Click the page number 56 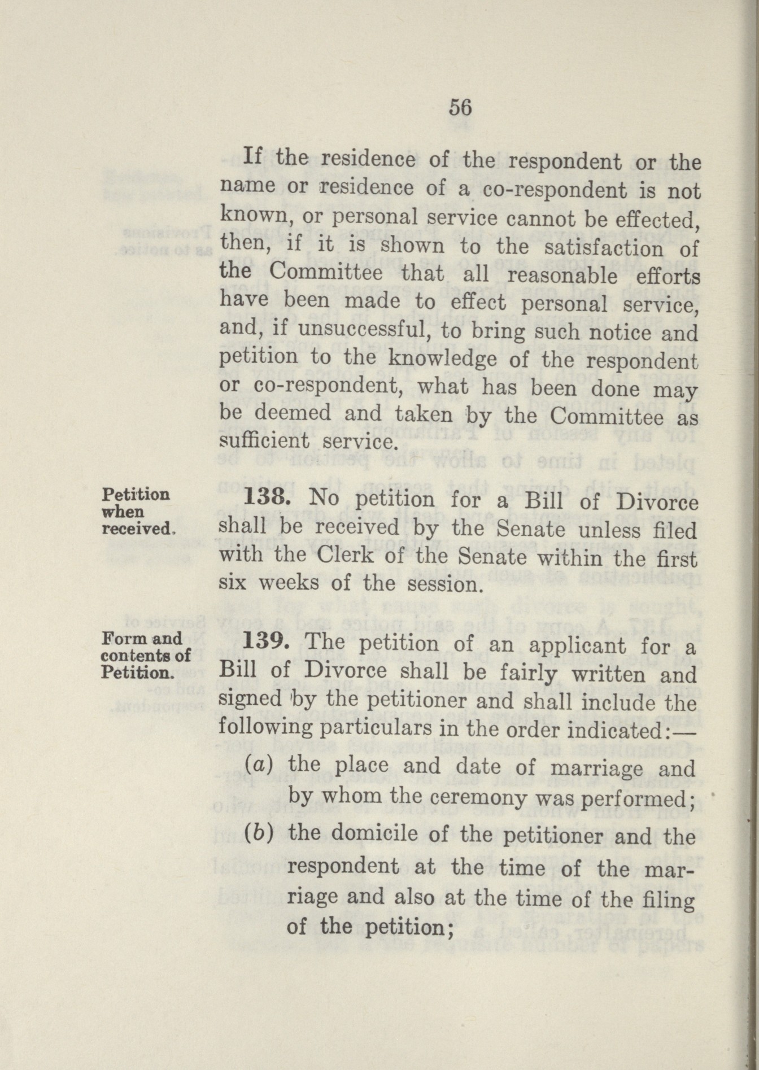pyautogui.click(x=460, y=107)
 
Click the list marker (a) pyautogui.click(x=260, y=765)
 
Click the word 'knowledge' pyautogui.click(x=441, y=359)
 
